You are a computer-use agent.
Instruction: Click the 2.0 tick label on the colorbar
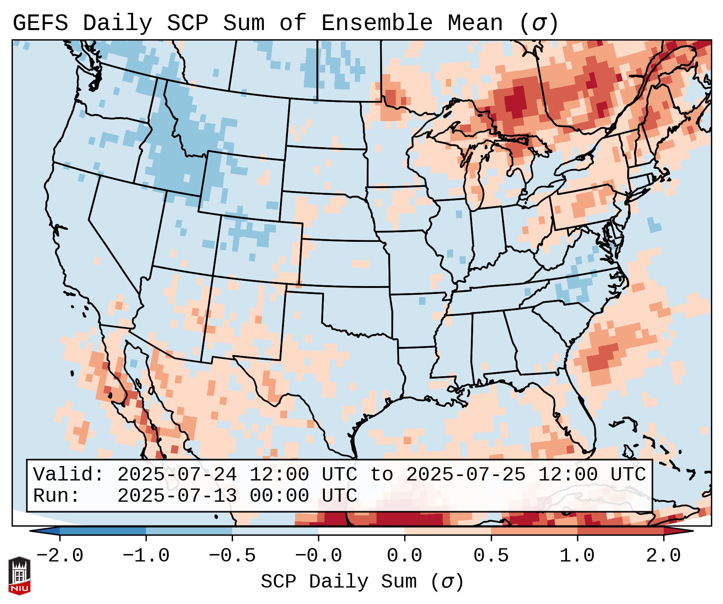click(x=663, y=556)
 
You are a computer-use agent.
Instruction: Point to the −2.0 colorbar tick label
click(x=60, y=556)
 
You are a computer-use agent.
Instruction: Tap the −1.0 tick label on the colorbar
click(x=146, y=556)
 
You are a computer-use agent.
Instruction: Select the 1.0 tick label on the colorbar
click(x=577, y=556)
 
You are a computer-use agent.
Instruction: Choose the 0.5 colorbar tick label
click(x=491, y=556)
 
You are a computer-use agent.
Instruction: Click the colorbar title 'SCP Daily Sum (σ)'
click(x=362, y=582)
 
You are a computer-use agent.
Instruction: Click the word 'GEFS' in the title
click(x=40, y=23)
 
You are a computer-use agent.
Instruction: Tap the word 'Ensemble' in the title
click(x=377, y=23)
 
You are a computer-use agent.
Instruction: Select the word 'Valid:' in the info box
click(x=69, y=475)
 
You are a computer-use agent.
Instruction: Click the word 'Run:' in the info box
click(x=57, y=496)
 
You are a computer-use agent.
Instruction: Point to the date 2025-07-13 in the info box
click(x=177, y=496)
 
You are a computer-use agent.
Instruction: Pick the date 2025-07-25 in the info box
click(x=466, y=475)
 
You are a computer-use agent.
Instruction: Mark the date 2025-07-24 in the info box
click(x=177, y=475)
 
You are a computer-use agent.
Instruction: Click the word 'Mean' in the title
click(x=475, y=23)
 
